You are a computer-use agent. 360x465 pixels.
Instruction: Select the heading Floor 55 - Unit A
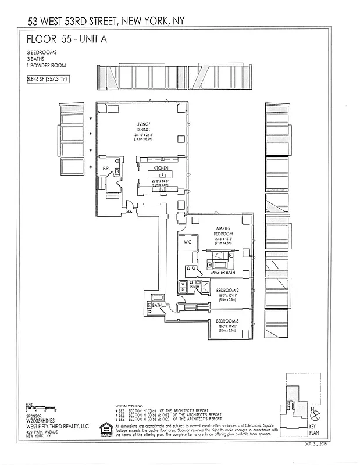67,40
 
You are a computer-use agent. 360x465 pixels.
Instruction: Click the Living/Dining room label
143,127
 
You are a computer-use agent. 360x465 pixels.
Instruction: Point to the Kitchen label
161,168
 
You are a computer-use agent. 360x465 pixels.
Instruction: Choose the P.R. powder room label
106,170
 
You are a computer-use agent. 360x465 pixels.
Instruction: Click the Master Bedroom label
224,231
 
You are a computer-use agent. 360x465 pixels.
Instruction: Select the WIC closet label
187,242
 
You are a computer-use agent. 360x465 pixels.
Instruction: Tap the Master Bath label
222,272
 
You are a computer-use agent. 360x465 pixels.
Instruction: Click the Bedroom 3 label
227,321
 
